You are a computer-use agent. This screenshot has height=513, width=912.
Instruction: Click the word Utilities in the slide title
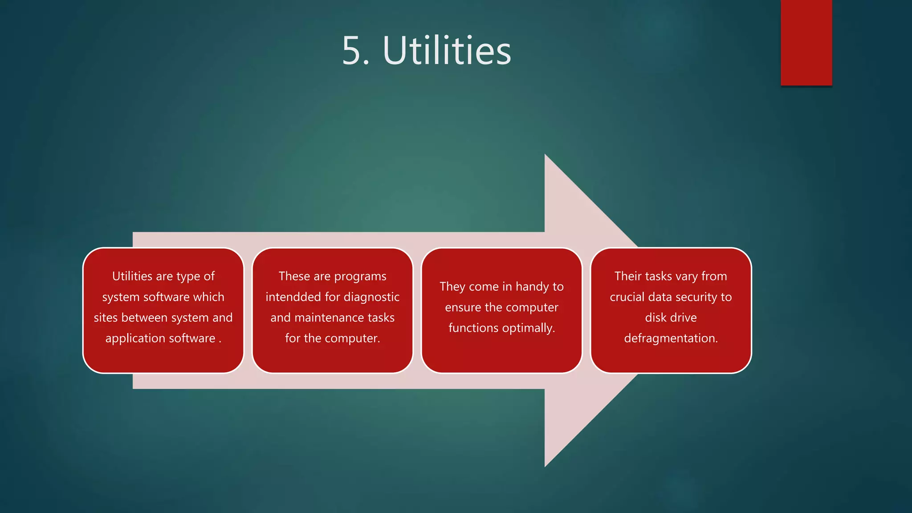(447, 51)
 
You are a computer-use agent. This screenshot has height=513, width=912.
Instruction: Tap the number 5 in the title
(351, 51)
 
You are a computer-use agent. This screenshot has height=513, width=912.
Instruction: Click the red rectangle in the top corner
(806, 42)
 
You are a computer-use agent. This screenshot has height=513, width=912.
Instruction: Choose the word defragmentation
(671, 338)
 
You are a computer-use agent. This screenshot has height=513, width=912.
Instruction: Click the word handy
(532, 287)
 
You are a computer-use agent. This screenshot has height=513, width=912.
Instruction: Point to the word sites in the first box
(106, 318)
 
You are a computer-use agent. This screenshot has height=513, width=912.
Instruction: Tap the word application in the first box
(135, 338)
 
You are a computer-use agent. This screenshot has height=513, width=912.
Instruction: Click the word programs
(360, 277)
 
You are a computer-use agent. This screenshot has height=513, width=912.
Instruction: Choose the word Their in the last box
(627, 276)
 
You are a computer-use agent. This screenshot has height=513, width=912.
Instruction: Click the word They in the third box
(452, 287)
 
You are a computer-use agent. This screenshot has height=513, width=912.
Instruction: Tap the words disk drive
(671, 318)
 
